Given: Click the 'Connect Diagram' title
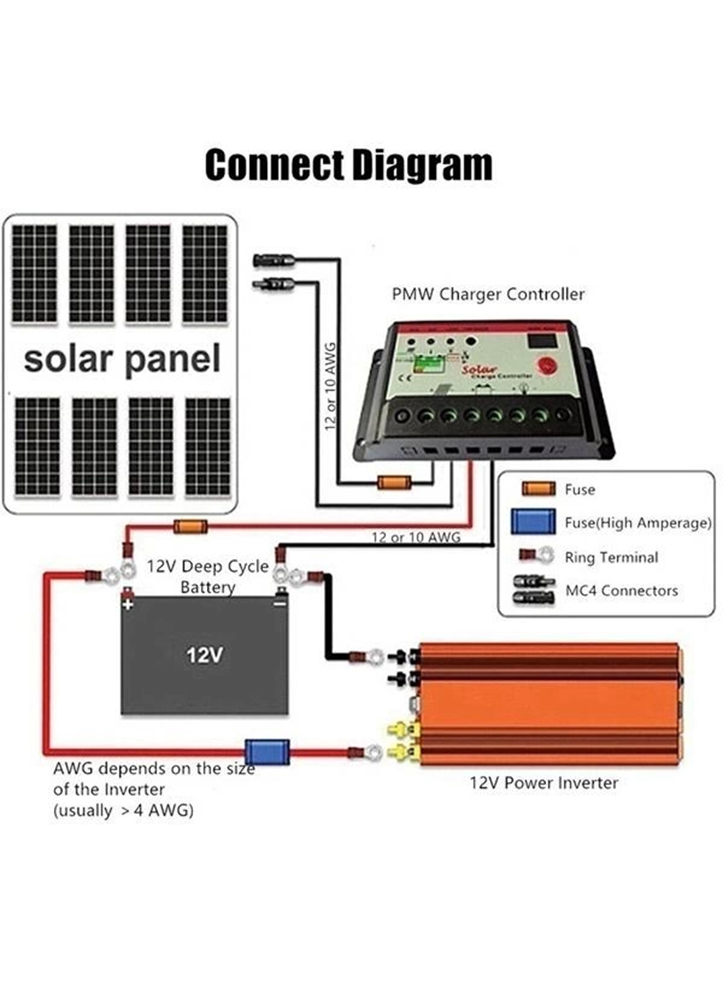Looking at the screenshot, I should (x=348, y=165).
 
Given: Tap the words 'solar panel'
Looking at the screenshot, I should (x=122, y=359).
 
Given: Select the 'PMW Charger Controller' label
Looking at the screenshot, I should (x=488, y=294).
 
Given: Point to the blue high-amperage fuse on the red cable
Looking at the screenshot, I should (x=267, y=751).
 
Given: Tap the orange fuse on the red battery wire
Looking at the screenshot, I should (x=190, y=527).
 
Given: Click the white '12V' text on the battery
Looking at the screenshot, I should (x=205, y=655).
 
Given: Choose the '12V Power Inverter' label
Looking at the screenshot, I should (x=544, y=783).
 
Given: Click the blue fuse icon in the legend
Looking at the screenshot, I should (x=532, y=522).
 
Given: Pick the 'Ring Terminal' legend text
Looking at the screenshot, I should (x=611, y=557).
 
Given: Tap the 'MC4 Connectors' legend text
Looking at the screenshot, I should (x=621, y=590).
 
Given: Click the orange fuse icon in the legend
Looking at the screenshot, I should (x=538, y=489).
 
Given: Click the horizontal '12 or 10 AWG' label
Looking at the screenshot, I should (x=416, y=537).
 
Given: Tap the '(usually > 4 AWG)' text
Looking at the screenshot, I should (x=123, y=810).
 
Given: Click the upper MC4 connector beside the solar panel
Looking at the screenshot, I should (x=272, y=260).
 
